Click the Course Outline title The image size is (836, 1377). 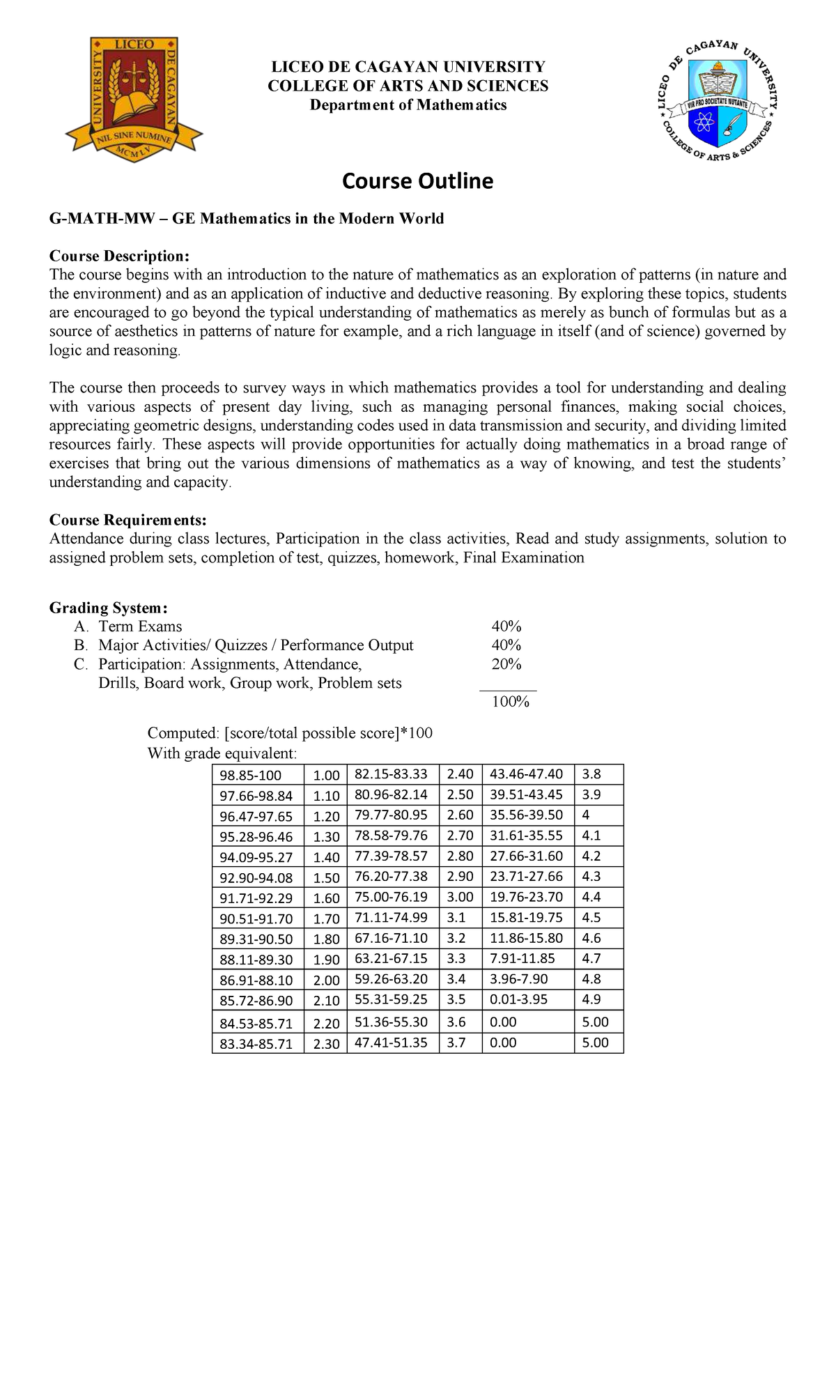coord(417,181)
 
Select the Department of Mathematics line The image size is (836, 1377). coord(408,105)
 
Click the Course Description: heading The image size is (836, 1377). coord(119,256)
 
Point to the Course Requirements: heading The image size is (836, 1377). coord(127,520)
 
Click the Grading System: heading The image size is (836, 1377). coord(108,608)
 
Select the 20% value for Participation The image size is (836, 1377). coord(506,664)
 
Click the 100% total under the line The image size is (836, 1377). coord(511,702)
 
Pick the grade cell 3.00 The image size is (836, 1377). coord(460,897)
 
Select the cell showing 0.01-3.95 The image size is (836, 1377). coord(518,999)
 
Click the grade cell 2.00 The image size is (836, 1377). coord(326,980)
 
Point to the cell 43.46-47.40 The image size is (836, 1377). coord(526,774)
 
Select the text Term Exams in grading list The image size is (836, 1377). coord(140,626)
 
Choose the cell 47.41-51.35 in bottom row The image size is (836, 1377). coord(391,1043)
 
